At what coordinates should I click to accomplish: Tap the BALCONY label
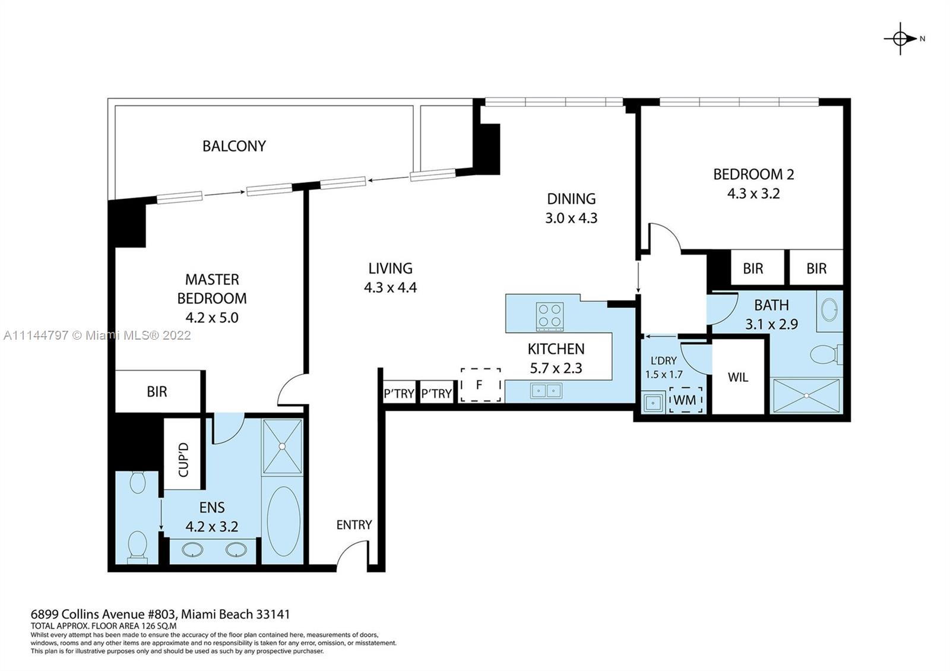234,146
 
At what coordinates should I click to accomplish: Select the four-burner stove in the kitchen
550,316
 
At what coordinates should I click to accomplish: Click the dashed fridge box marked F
480,385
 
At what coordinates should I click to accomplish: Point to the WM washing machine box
685,400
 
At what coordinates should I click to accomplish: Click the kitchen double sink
546,391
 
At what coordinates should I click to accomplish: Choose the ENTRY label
354,525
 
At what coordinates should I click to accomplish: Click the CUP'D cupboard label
183,460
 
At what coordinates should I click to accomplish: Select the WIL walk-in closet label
738,377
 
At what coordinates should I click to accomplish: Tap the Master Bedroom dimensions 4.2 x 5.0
212,318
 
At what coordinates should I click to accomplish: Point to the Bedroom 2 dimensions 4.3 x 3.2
753,194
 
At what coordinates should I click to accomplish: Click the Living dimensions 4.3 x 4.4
390,287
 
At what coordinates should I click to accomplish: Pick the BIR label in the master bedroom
157,392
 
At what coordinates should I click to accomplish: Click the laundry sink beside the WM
654,403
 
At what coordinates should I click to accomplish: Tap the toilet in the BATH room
826,354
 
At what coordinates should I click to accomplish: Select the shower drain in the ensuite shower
282,446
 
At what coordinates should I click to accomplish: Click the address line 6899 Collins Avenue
160,614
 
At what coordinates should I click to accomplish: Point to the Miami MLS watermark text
97,335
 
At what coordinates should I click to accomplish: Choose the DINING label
571,199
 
